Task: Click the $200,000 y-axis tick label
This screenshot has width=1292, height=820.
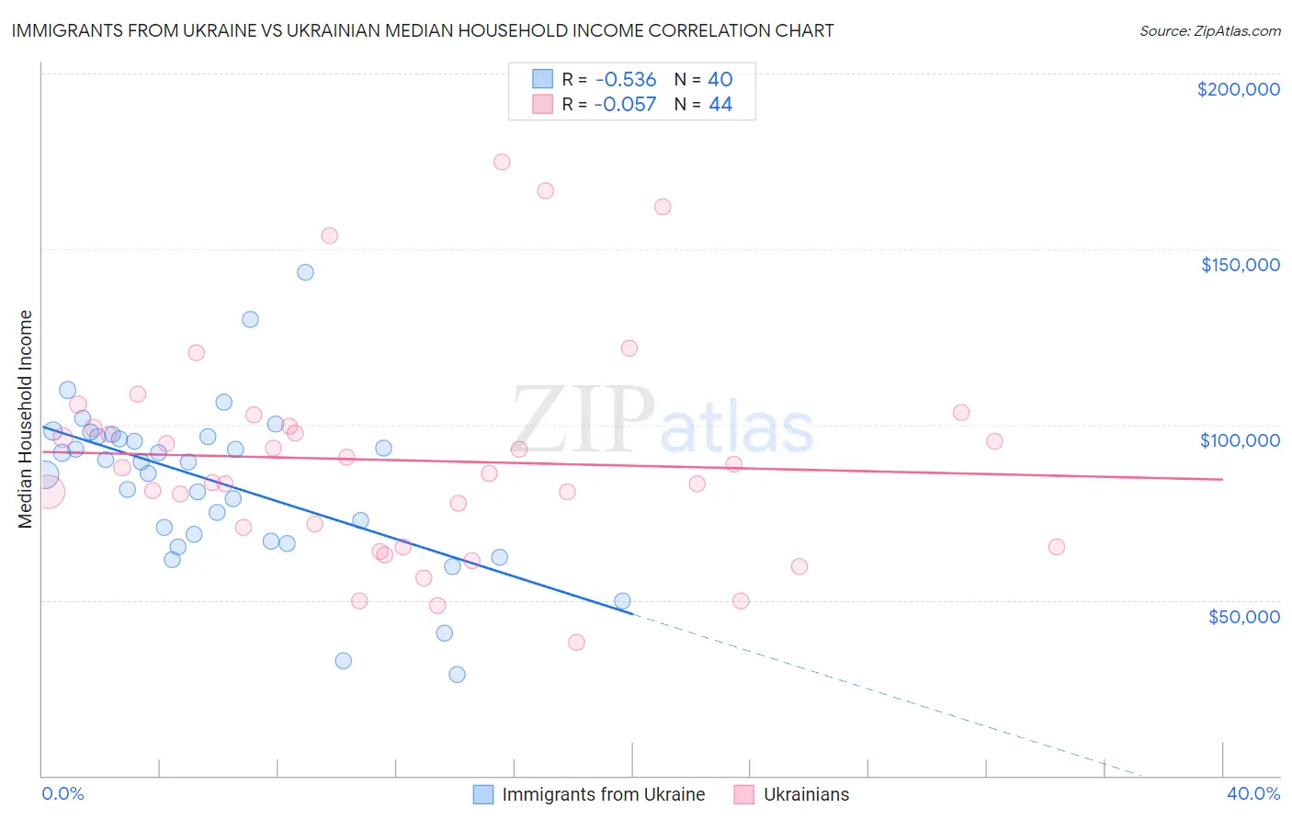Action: pyautogui.click(x=1238, y=89)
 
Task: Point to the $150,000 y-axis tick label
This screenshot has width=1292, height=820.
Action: pyautogui.click(x=1240, y=265)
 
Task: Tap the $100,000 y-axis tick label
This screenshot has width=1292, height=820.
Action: pyautogui.click(x=1240, y=440)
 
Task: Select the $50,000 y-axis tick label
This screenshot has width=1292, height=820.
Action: pyautogui.click(x=1243, y=617)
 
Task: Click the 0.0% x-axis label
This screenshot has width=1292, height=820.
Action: pyautogui.click(x=62, y=793)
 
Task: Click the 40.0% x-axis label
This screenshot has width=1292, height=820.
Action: pyautogui.click(x=1252, y=793)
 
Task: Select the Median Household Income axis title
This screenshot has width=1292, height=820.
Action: pyautogui.click(x=26, y=419)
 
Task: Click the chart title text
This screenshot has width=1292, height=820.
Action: pyautogui.click(x=423, y=30)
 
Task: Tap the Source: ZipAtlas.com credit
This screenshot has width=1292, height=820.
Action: pyautogui.click(x=1209, y=30)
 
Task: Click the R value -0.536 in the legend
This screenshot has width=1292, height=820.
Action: pyautogui.click(x=625, y=79)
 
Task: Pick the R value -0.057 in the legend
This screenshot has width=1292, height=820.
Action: pyautogui.click(x=625, y=105)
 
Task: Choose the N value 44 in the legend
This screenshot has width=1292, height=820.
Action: pyautogui.click(x=720, y=105)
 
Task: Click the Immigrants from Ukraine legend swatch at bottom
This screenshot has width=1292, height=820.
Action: pyautogui.click(x=483, y=794)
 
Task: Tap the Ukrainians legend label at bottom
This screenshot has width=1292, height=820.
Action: pyautogui.click(x=806, y=794)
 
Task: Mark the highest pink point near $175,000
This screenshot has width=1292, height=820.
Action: pyautogui.click(x=502, y=162)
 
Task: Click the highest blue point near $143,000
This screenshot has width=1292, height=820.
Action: pyautogui.click(x=305, y=272)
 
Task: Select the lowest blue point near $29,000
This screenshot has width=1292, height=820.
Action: pyautogui.click(x=457, y=675)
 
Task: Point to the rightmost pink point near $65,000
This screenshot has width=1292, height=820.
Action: pyautogui.click(x=1057, y=547)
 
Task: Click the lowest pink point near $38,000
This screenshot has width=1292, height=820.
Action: pyautogui.click(x=576, y=643)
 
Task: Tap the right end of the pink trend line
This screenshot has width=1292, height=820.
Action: pyautogui.click(x=1222, y=479)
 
